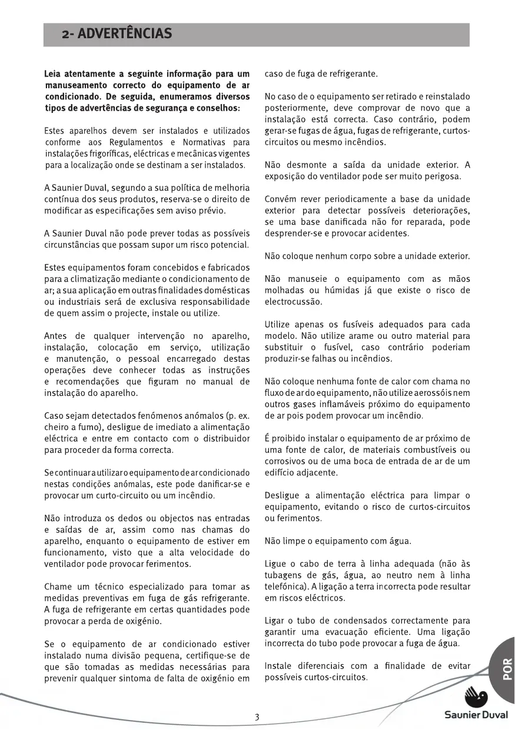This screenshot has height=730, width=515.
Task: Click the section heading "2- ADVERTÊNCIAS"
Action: [117, 34]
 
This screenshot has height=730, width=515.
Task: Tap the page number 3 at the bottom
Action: [257, 717]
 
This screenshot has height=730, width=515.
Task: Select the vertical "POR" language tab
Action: [507, 669]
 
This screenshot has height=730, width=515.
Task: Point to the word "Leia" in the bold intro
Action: [54, 75]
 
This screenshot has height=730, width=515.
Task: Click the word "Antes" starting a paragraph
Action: [57, 336]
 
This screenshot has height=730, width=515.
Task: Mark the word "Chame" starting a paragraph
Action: [58, 586]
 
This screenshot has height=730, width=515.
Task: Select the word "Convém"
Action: [280, 199]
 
